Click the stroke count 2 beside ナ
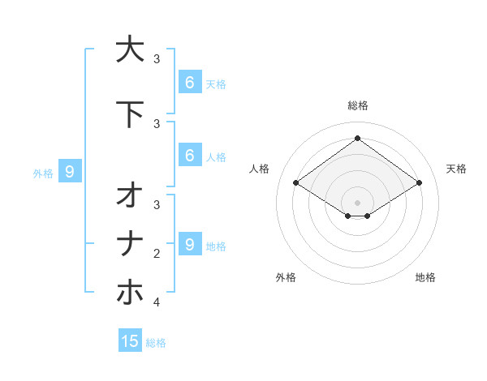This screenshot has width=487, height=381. click(157, 254)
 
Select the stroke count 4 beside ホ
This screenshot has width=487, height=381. click(157, 302)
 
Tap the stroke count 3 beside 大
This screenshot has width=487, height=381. click(157, 58)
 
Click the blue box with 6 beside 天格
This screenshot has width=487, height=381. click(189, 82)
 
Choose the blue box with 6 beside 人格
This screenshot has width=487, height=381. click(189, 156)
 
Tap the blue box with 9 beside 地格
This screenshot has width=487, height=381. click(189, 244)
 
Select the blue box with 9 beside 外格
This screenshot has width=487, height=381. click(70, 171)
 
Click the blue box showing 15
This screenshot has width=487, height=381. click(130, 341)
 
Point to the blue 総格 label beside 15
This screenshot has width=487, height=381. click(156, 343)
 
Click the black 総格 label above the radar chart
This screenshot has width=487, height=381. click(357, 105)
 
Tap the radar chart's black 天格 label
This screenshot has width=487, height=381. click(457, 169)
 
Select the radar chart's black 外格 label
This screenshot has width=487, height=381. click(286, 277)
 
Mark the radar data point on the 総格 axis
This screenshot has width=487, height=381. click(357, 138)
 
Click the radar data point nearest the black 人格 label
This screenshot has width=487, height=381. click(295, 183)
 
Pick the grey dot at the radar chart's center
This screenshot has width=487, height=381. click(357, 203)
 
